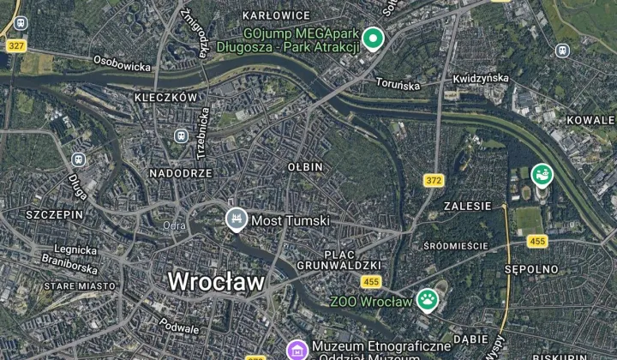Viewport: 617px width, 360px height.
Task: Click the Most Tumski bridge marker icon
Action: [235, 219]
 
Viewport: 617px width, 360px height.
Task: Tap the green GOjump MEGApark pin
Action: [372, 38]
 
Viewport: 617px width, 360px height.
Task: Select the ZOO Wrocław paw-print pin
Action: [427, 299]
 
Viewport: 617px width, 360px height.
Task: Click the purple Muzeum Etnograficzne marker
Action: [297, 349]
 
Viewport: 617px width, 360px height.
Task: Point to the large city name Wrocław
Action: [216, 280]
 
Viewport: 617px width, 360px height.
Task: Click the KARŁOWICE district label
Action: [276, 15]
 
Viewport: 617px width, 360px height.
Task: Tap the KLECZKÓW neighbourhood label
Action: [165, 98]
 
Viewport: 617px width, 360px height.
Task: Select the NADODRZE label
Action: [181, 172]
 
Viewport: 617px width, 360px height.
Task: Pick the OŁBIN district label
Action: [305, 165]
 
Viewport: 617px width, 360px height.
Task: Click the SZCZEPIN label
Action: [55, 213]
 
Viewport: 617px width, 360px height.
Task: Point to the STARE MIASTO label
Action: [80, 285]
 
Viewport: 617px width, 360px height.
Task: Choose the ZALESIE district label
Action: [468, 206]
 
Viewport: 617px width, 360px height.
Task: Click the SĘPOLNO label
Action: [531, 269]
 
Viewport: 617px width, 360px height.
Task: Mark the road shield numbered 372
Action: [434, 180]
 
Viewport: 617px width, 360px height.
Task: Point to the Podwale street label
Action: [180, 327]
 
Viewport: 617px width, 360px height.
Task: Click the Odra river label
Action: [174, 225]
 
